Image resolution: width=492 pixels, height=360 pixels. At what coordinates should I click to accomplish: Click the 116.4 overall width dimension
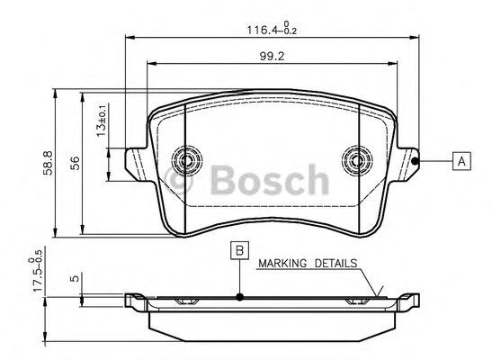272,29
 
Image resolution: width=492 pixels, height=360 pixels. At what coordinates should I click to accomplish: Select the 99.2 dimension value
272,56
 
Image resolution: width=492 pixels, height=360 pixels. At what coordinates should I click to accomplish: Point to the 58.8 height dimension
48,163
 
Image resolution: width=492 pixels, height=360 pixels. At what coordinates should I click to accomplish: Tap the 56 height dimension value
75,163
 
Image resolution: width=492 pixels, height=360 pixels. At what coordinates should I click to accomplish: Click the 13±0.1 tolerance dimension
103,120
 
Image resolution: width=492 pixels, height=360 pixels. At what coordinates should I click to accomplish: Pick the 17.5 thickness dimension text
37,271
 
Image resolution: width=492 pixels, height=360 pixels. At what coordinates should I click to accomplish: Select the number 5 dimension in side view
75,278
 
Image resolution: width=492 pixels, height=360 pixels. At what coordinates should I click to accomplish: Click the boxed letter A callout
461,161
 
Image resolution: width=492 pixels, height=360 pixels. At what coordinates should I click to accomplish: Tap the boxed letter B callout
240,250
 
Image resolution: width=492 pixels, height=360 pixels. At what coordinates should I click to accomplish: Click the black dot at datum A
415,161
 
